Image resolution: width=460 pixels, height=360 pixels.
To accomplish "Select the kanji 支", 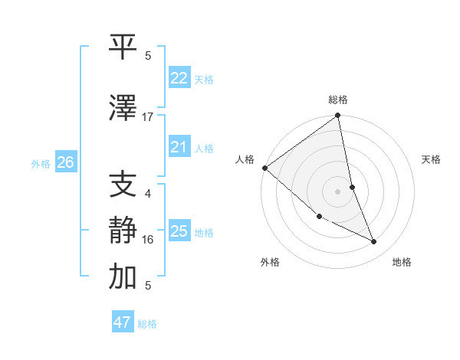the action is pos(123,185).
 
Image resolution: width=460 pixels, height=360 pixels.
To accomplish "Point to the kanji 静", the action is pos(123,231).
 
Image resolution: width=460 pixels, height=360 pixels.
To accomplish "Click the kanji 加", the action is pos(123,277).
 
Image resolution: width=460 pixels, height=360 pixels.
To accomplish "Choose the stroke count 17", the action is pos(148,116).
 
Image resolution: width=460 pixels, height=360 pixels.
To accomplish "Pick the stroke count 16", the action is pos(148,240).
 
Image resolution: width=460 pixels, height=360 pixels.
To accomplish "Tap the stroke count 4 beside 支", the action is pos(148,194).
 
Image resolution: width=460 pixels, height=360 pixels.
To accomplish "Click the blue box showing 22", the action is pos(179,78).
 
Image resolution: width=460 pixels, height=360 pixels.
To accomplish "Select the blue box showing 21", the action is pos(179,147).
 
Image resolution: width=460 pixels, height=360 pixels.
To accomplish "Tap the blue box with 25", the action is pos(179,231).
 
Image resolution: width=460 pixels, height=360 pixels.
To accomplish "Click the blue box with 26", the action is pos(66,162).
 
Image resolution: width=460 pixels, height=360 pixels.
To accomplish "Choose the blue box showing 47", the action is pos(123,322).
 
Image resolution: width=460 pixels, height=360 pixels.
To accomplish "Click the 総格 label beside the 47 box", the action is pos(147,324).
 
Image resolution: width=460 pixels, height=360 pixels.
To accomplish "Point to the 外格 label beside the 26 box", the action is pos(41,163).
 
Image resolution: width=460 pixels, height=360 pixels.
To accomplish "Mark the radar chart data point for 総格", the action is pos(337,116).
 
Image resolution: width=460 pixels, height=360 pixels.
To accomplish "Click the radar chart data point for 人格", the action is pos(264,168).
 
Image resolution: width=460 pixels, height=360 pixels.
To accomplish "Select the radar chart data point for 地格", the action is pos(374,242).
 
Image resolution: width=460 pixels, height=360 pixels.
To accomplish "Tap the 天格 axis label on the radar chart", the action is pos(431,159).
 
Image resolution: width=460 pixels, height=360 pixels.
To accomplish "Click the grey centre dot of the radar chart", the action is pos(337,191).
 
